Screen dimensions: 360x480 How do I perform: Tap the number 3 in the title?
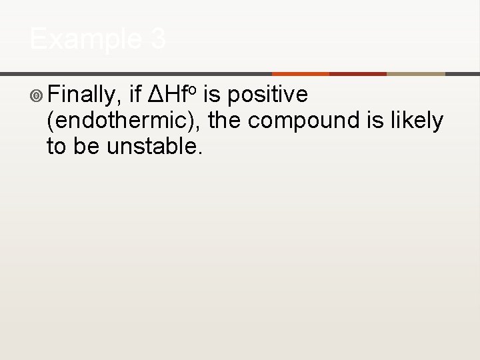point(157,39)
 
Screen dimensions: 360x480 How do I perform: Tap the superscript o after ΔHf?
point(191,89)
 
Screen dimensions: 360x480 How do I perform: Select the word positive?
point(267,96)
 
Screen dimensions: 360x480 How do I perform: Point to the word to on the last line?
point(57,146)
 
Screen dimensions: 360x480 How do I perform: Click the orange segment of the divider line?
point(301,73)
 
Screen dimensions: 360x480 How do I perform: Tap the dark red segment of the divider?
point(358,73)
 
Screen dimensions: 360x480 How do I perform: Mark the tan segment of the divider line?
point(415,73)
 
